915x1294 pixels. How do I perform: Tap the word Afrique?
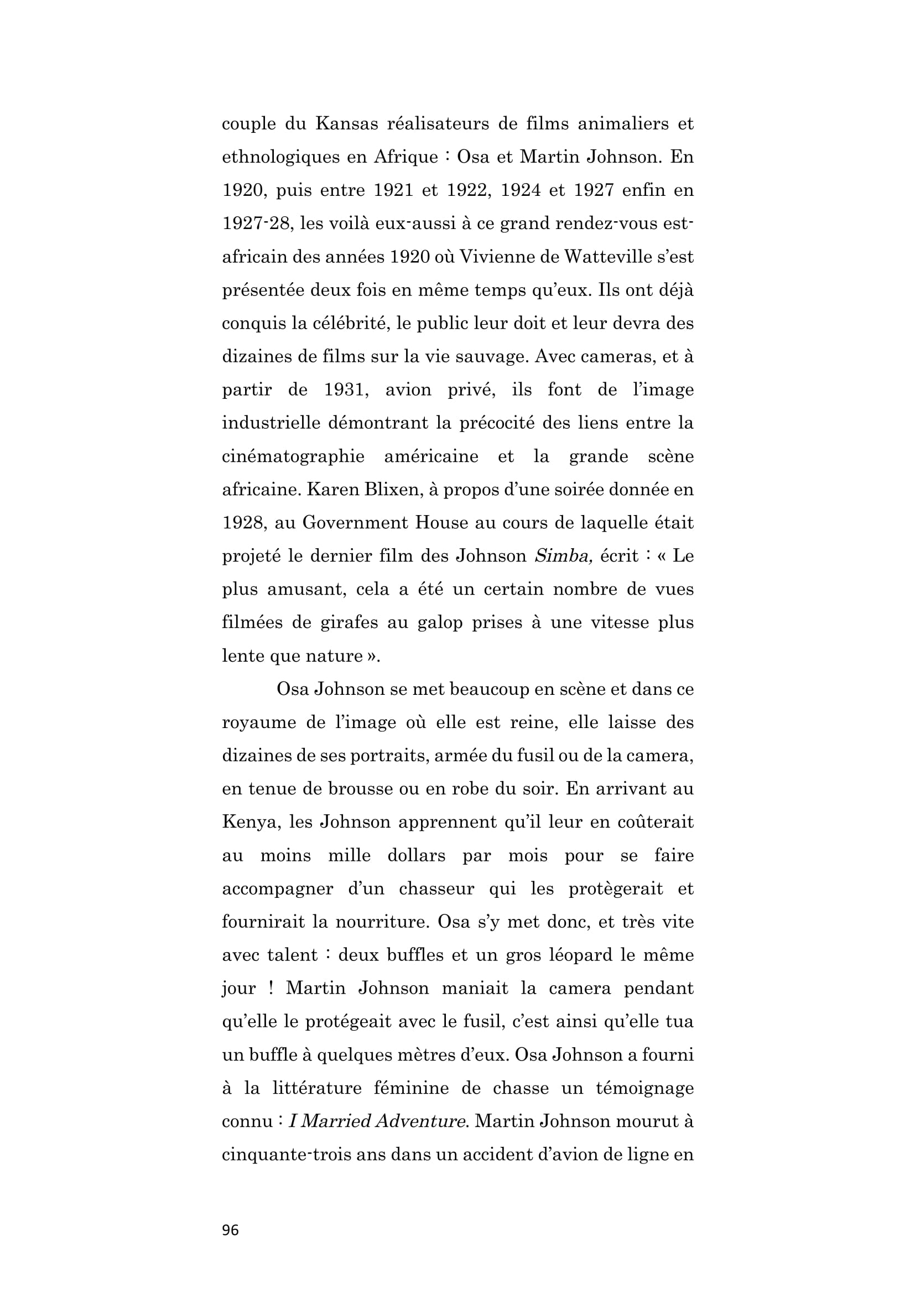point(405,157)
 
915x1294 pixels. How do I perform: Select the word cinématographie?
point(293,456)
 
